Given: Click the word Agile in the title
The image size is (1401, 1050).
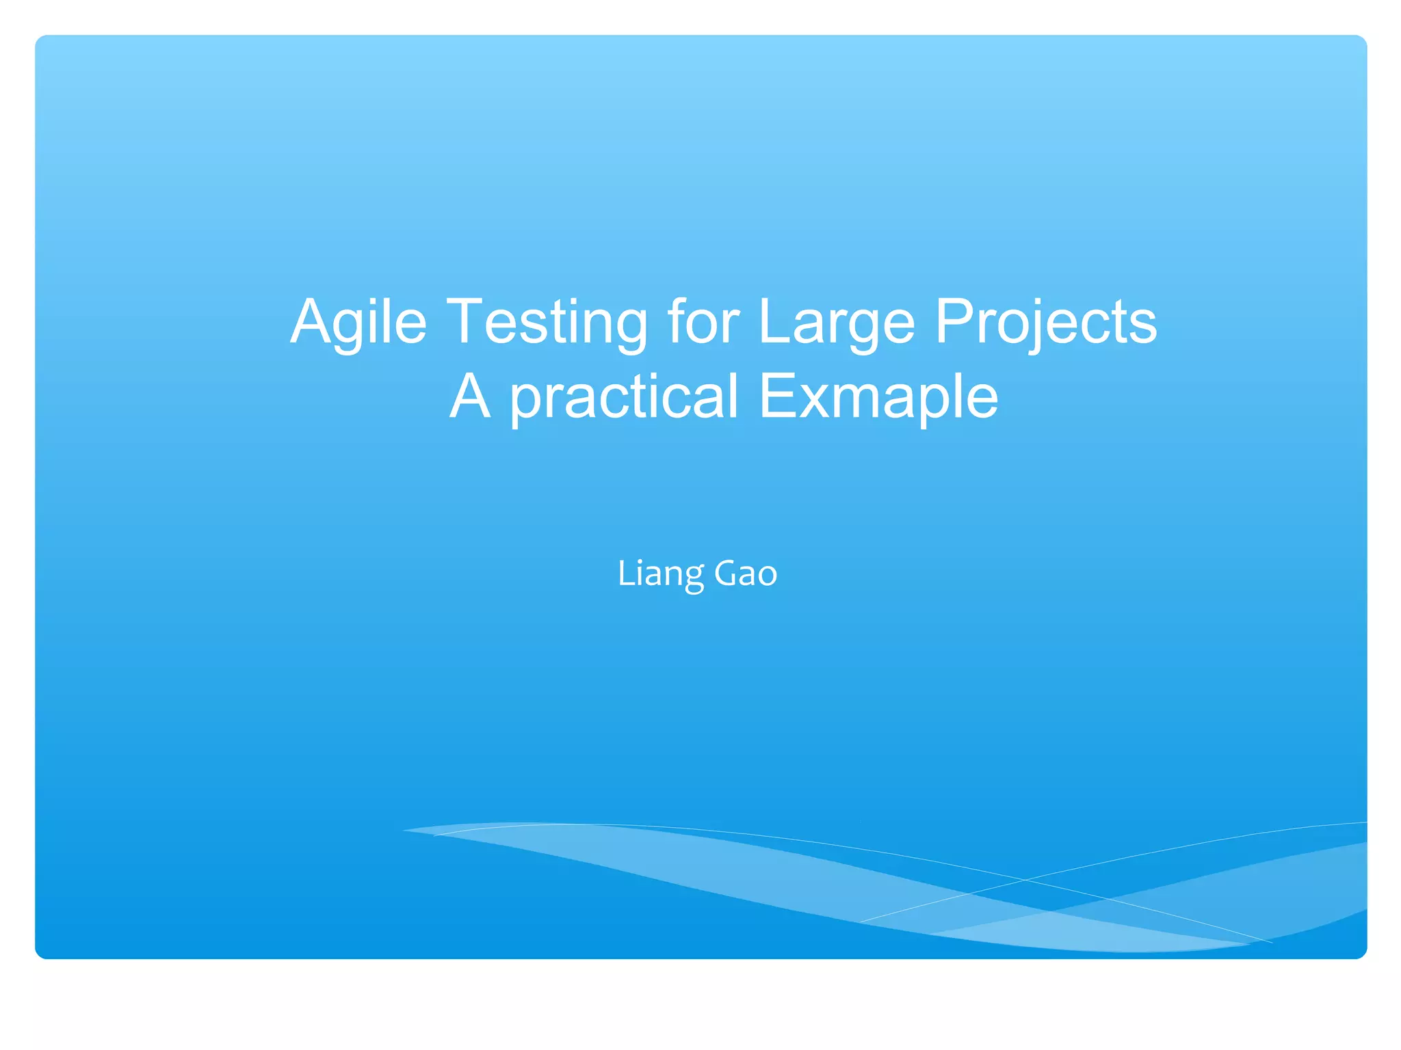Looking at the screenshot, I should tap(358, 322).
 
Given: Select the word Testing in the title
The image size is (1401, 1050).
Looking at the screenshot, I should tap(547, 322).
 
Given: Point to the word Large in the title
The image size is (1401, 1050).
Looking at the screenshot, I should tap(837, 322).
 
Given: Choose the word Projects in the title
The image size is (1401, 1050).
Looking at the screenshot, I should tap(1045, 322).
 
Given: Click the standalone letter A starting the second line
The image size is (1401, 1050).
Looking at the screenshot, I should tap(470, 396).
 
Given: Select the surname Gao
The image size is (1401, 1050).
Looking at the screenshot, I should tap(746, 573).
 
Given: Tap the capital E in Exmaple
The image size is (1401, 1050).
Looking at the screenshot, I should tap(777, 396).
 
